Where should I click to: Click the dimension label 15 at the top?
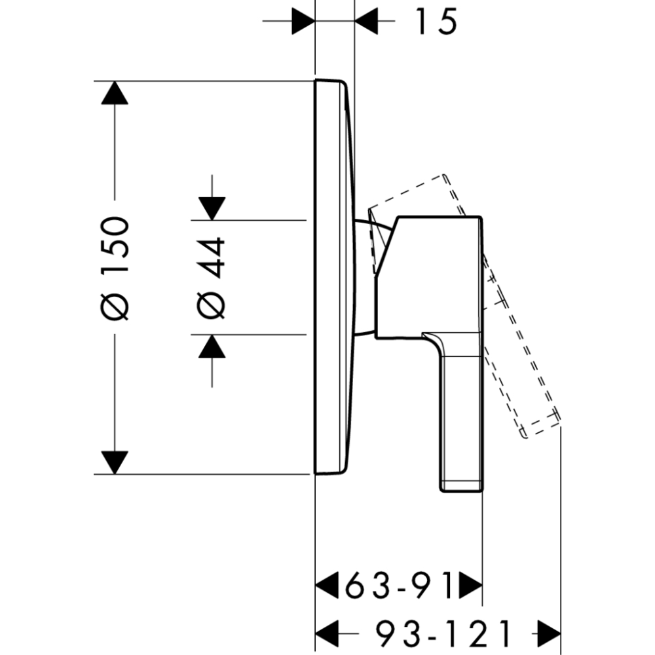[x=435, y=22]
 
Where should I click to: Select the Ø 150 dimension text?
[x=115, y=269]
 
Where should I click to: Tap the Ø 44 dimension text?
[x=212, y=278]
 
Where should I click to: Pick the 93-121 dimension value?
[x=443, y=633]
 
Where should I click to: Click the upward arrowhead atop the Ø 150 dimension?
[x=115, y=92]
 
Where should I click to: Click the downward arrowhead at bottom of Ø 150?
[x=115, y=462]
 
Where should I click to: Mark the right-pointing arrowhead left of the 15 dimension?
[x=303, y=22]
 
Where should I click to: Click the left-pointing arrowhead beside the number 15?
[x=367, y=22]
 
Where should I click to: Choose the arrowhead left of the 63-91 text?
[x=327, y=586]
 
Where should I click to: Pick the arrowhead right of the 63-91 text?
[x=470, y=586]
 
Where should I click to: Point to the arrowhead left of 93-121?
[x=327, y=633]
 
